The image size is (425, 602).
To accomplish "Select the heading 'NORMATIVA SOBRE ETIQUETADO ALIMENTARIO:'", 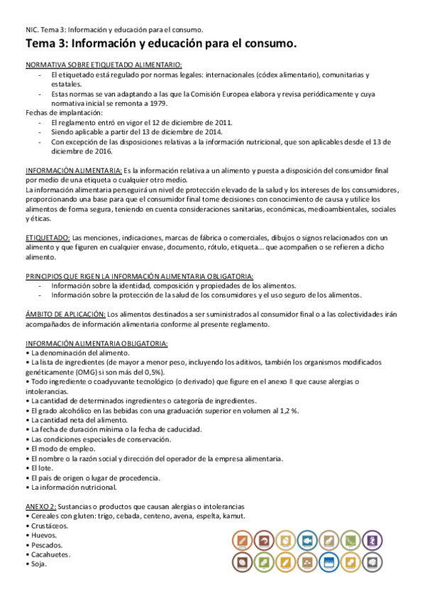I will tap(103, 64).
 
